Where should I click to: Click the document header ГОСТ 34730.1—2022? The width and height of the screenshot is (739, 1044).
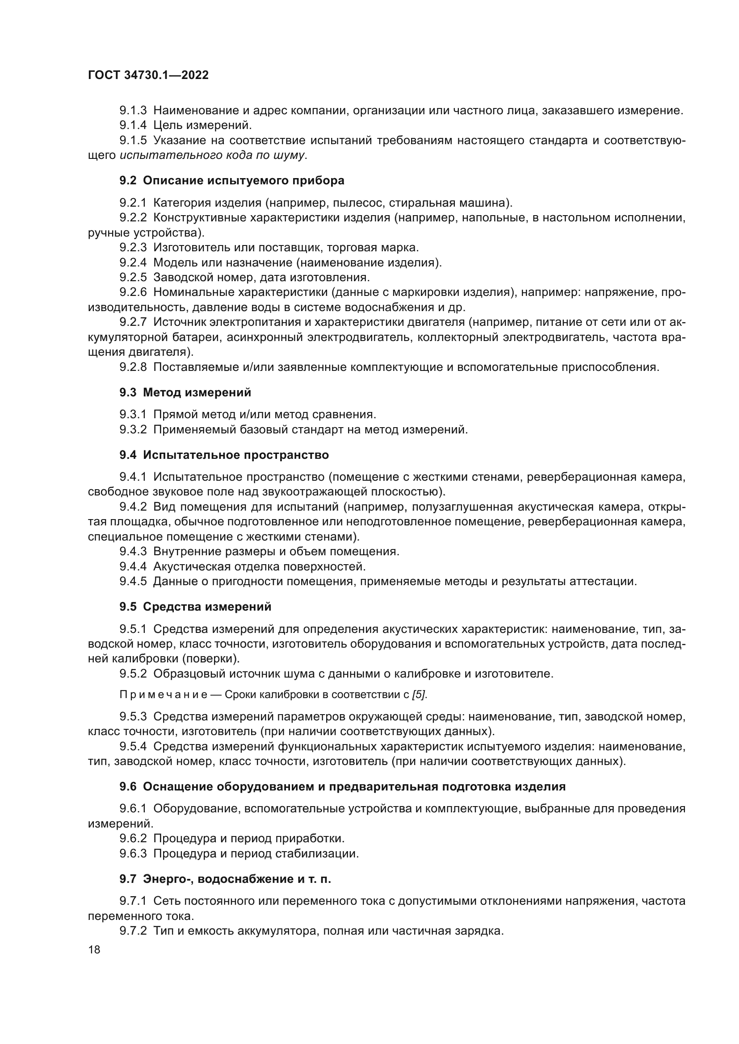(x=148, y=75)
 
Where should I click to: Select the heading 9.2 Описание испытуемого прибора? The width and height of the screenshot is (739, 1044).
(x=231, y=180)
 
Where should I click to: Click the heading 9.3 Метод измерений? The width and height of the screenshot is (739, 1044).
(x=185, y=392)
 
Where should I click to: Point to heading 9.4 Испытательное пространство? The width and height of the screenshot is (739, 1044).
(x=224, y=455)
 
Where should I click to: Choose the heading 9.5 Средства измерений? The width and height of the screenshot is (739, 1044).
(x=195, y=607)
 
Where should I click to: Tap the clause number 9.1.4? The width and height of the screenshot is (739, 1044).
(x=133, y=125)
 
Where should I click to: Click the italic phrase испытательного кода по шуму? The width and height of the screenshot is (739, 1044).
(x=212, y=155)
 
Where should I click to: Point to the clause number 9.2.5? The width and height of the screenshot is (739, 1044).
(x=133, y=277)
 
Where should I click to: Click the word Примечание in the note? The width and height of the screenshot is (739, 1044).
(x=164, y=695)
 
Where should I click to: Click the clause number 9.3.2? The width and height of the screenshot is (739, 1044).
(x=133, y=429)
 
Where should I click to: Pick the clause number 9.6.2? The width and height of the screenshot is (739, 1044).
(x=133, y=839)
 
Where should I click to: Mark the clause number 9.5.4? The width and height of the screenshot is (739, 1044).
(x=133, y=746)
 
